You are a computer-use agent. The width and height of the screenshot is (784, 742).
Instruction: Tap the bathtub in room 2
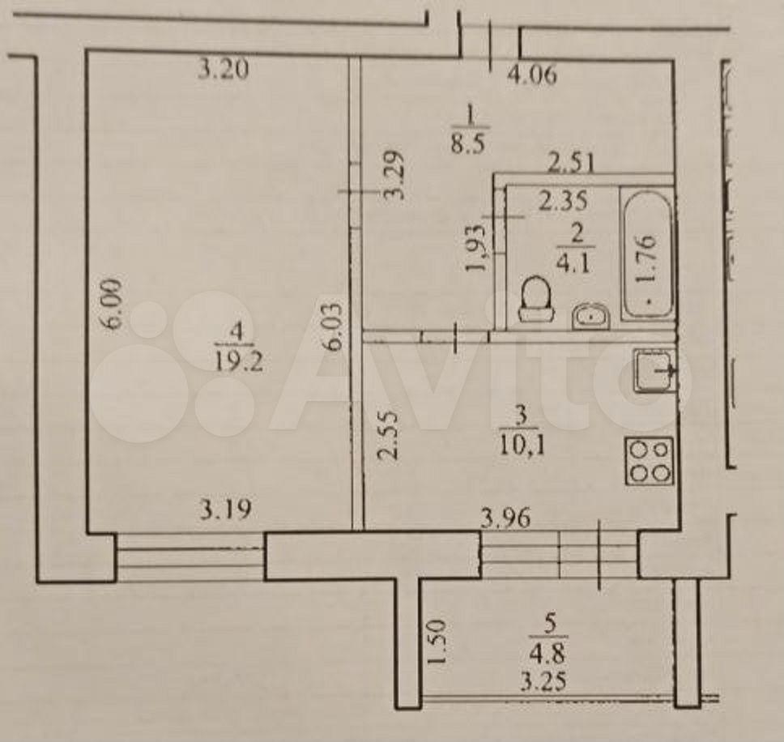(647, 254)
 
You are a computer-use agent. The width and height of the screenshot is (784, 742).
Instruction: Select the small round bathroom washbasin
(591, 316)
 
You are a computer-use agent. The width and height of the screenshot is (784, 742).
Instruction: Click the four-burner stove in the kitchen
(649, 460)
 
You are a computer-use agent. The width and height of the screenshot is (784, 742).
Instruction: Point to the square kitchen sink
(655, 370)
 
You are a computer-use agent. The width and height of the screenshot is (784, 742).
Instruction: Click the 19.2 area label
(238, 360)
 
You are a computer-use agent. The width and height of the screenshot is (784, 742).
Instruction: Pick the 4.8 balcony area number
(548, 653)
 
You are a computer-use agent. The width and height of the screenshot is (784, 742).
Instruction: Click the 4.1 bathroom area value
(576, 262)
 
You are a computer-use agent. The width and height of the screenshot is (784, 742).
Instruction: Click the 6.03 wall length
(333, 325)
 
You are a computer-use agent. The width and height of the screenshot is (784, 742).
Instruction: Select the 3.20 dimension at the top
(223, 69)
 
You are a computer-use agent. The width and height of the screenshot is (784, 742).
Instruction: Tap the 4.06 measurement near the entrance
(532, 75)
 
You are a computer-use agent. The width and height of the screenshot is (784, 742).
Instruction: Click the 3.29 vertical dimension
(395, 175)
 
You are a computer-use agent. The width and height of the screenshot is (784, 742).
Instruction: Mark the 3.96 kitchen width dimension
(505, 518)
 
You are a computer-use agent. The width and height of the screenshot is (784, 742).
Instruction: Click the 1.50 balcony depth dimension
(435, 642)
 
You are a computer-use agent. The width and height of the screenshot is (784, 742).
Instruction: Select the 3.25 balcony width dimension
(544, 681)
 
